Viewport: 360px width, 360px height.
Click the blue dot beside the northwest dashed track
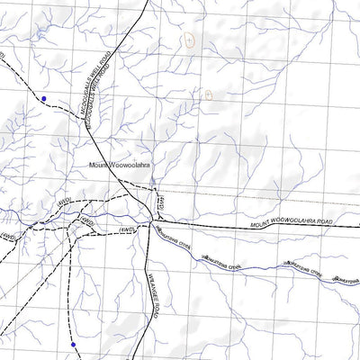pos(43,98)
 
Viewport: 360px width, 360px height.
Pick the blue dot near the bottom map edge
pos(72,344)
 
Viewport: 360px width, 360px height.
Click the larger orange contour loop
pos(189,40)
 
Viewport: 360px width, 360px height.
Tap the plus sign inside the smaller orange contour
pos(208,93)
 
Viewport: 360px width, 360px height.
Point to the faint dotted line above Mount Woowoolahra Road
pos(252,194)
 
